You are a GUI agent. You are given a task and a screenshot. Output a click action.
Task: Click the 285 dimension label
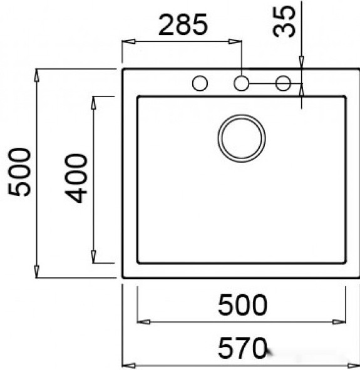pos(182,26)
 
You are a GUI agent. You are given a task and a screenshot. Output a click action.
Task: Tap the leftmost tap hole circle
pos(200,83)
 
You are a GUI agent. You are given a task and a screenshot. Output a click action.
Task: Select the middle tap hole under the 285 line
pos(242,83)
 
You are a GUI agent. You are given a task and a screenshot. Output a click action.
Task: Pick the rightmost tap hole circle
pos(283,83)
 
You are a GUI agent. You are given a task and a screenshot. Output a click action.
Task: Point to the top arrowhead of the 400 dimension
pos(94,101)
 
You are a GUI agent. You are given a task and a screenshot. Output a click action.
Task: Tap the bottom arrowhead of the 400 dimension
pos(94,258)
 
